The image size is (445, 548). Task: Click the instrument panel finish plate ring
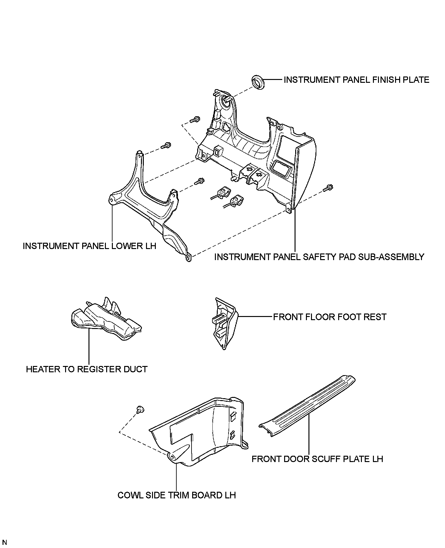pos(258,82)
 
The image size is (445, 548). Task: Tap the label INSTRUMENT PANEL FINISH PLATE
pos(356,80)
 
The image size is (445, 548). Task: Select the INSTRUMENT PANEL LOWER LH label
pos(89,246)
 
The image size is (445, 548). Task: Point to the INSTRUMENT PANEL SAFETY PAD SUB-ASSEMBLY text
pos(319,257)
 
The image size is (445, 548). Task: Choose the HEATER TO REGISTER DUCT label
pos(87,369)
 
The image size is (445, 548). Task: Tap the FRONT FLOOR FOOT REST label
pos(330,317)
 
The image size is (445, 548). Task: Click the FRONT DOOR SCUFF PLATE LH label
pos(317,459)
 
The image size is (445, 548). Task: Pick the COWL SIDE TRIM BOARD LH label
pos(177,495)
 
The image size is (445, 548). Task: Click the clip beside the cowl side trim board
pos(139,410)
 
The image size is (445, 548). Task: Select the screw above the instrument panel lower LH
pos(166,146)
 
